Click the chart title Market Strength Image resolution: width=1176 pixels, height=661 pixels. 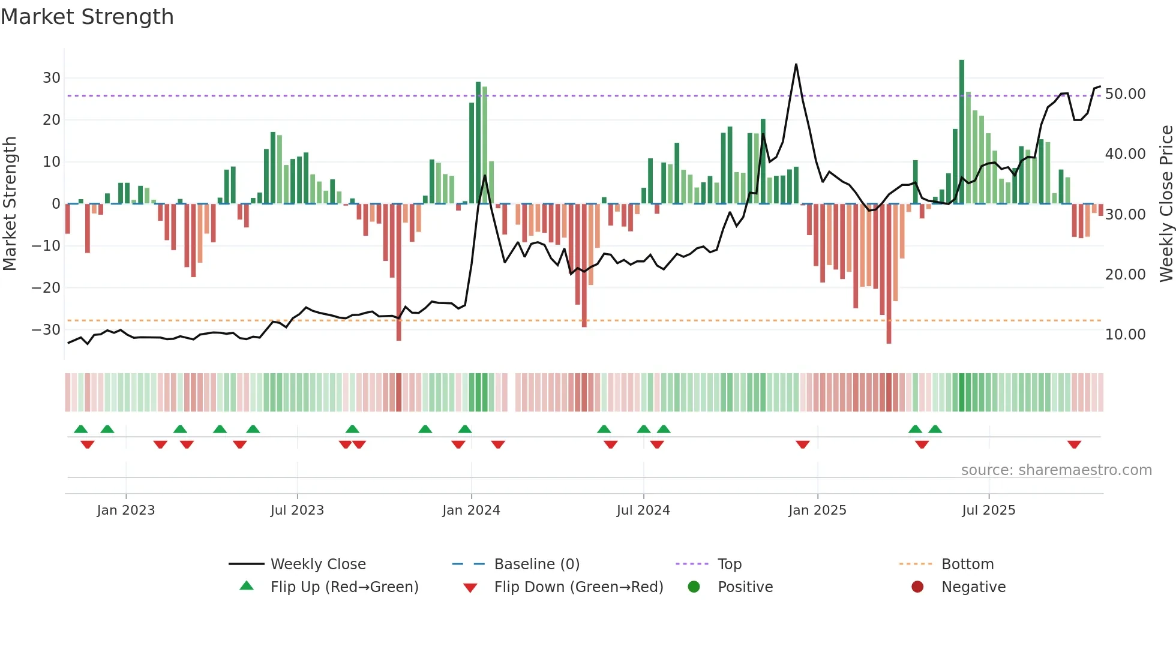click(87, 17)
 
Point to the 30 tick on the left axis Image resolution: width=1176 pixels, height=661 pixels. click(51, 78)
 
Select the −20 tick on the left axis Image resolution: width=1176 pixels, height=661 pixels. click(46, 288)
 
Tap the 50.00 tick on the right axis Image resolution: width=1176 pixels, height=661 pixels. click(1125, 94)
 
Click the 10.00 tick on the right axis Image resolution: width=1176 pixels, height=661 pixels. click(1125, 335)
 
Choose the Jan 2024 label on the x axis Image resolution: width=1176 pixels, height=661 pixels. click(471, 510)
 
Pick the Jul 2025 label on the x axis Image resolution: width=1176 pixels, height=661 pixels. click(988, 510)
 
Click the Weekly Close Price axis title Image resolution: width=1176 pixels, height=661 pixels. click(1166, 203)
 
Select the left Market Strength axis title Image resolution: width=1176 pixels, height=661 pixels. click(10, 203)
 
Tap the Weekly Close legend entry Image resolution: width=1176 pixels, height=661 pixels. click(317, 564)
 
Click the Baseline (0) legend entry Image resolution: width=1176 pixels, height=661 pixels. click(536, 564)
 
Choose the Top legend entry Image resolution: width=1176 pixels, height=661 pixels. click(729, 564)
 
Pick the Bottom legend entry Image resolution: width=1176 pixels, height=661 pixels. click(967, 564)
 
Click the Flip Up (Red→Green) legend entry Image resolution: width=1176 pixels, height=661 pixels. click(344, 587)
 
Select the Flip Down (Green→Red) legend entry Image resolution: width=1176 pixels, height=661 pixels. click(578, 587)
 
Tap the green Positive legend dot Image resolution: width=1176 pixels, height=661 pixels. click(694, 587)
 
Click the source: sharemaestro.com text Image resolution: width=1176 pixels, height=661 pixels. click(1056, 470)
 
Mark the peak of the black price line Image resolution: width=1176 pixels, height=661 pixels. click(796, 64)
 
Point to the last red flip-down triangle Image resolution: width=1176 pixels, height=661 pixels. click(1074, 444)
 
